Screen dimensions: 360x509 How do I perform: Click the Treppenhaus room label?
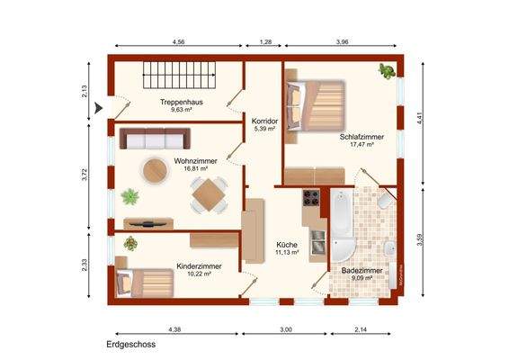[179, 103]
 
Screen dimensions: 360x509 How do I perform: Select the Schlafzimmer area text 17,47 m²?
[356, 144]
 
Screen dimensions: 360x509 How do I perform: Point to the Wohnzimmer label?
[192, 161]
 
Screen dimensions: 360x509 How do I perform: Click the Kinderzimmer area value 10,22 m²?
[194, 274]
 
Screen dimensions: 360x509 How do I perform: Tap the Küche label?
[287, 244]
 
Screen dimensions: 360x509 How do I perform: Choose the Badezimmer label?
[362, 270]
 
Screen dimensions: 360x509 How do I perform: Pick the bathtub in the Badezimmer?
[342, 220]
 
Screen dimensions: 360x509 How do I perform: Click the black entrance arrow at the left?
[100, 109]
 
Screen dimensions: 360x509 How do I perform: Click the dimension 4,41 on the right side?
[419, 115]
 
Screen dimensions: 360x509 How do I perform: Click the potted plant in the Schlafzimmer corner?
[387, 69]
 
